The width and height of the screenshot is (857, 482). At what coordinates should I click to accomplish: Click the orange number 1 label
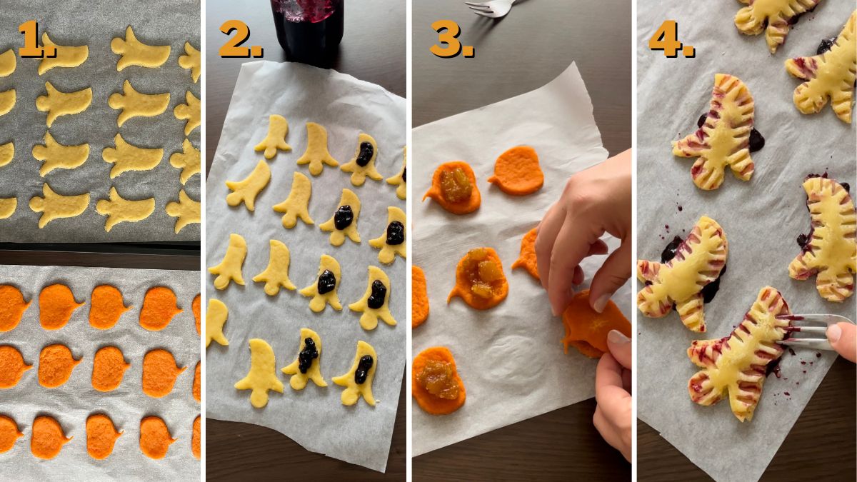[36, 39]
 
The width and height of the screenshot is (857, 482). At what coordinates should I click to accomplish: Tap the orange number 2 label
[239, 39]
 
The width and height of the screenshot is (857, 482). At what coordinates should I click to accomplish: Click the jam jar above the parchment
[307, 29]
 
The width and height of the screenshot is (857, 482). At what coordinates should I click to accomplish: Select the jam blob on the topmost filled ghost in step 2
[365, 153]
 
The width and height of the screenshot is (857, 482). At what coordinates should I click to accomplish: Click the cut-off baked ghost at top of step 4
[775, 18]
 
